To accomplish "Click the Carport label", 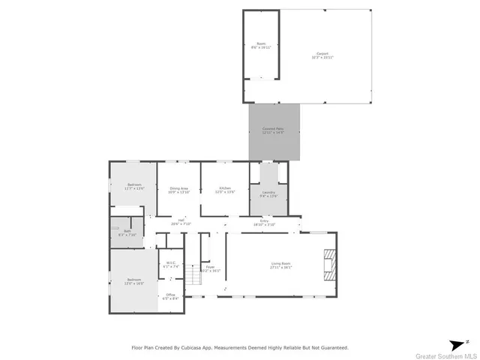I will tap(322, 56).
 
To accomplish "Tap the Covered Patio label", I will tap(273, 130).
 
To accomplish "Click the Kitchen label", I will tap(224, 190).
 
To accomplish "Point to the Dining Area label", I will tap(178, 190).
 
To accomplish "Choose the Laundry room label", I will tap(268, 194).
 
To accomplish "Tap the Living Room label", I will tap(280, 265).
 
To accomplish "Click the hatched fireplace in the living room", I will tap(329, 264).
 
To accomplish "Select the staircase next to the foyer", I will tap(193, 277).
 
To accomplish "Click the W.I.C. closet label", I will tap(170, 264).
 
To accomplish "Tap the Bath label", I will tap(127, 232).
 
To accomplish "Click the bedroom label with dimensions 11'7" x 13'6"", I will tap(134, 187).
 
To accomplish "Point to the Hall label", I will tap(181, 221).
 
